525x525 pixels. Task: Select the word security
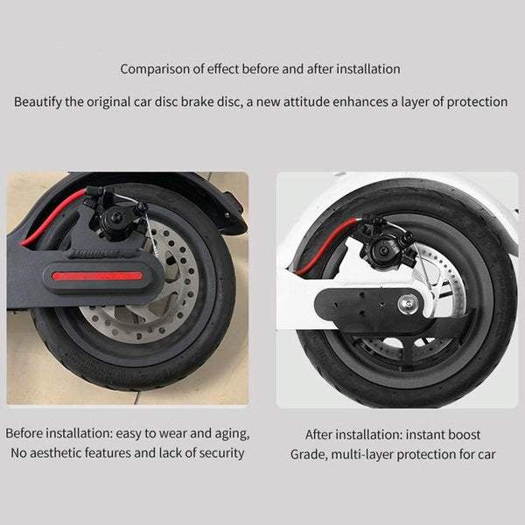pos(221,453)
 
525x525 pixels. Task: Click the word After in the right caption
pos(320,434)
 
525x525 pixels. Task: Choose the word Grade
pos(309,454)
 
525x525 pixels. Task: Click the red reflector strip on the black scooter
pos(96,276)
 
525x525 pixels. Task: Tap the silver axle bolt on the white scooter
pos(407,303)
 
